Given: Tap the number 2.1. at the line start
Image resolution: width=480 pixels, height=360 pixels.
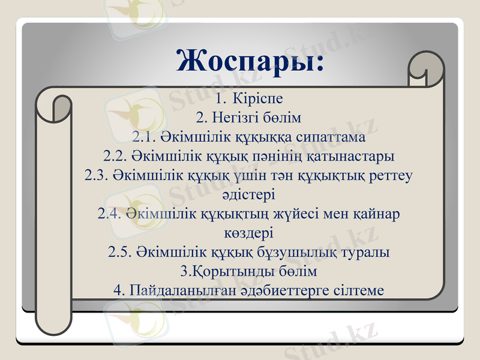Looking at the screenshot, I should pos(144,137).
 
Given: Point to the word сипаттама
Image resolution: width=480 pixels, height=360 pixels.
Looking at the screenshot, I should pos(328,137).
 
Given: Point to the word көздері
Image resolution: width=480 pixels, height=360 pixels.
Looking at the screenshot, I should pos(248,232).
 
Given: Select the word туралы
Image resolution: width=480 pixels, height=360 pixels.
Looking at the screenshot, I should pos(368,251).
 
